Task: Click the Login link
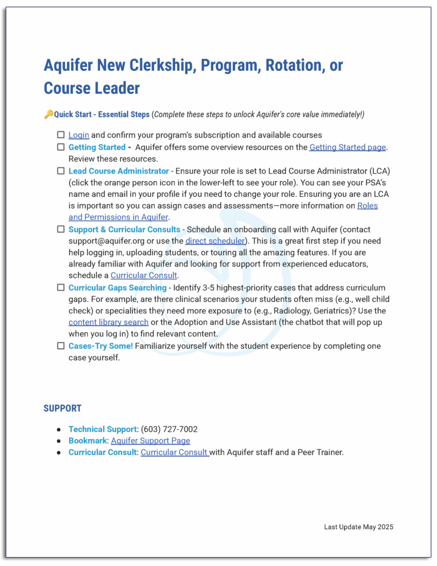click(78, 135)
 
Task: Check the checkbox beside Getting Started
click(60, 147)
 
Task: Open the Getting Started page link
click(348, 147)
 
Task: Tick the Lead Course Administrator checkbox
click(60, 171)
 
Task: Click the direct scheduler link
click(215, 240)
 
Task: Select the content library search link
click(108, 322)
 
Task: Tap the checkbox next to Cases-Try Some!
click(60, 346)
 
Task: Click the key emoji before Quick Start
click(48, 114)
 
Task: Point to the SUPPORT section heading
click(62, 408)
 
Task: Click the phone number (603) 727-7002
click(169, 429)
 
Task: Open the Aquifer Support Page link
click(150, 441)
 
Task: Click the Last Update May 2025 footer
click(359, 527)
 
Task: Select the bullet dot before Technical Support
click(59, 429)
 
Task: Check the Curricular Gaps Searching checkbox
click(60, 287)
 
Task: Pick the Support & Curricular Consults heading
click(124, 229)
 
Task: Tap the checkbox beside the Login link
click(60, 135)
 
